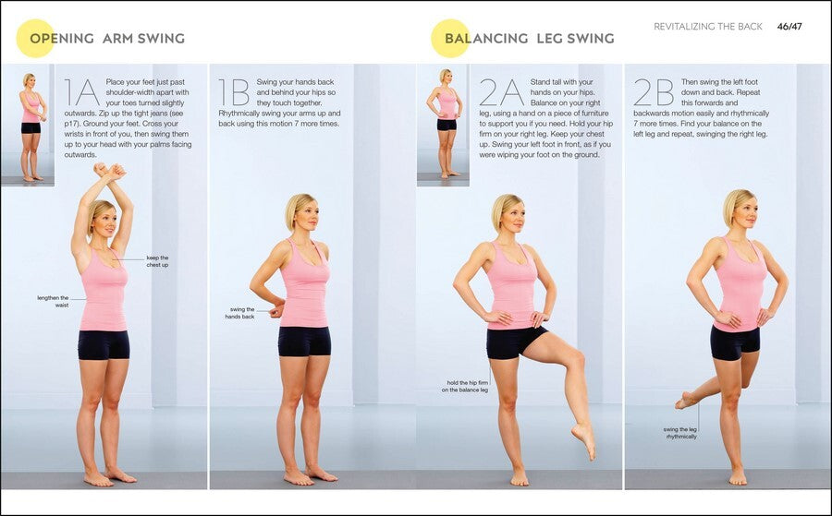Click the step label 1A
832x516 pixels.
(81, 92)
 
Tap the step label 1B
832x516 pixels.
(234, 92)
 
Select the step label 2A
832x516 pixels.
(501, 92)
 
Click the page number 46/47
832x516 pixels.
(789, 27)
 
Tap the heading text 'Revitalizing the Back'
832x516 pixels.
(708, 27)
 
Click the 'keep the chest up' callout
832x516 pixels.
(157, 261)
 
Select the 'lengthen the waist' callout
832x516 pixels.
(53, 302)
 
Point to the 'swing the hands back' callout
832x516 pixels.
(239, 313)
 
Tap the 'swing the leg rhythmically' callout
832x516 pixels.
(680, 433)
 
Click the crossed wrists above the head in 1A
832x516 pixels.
(109, 171)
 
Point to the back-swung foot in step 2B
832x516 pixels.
(686, 400)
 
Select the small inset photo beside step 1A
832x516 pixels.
(28, 125)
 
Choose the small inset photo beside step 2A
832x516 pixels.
(443, 125)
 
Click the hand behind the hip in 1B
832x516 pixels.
(276, 310)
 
